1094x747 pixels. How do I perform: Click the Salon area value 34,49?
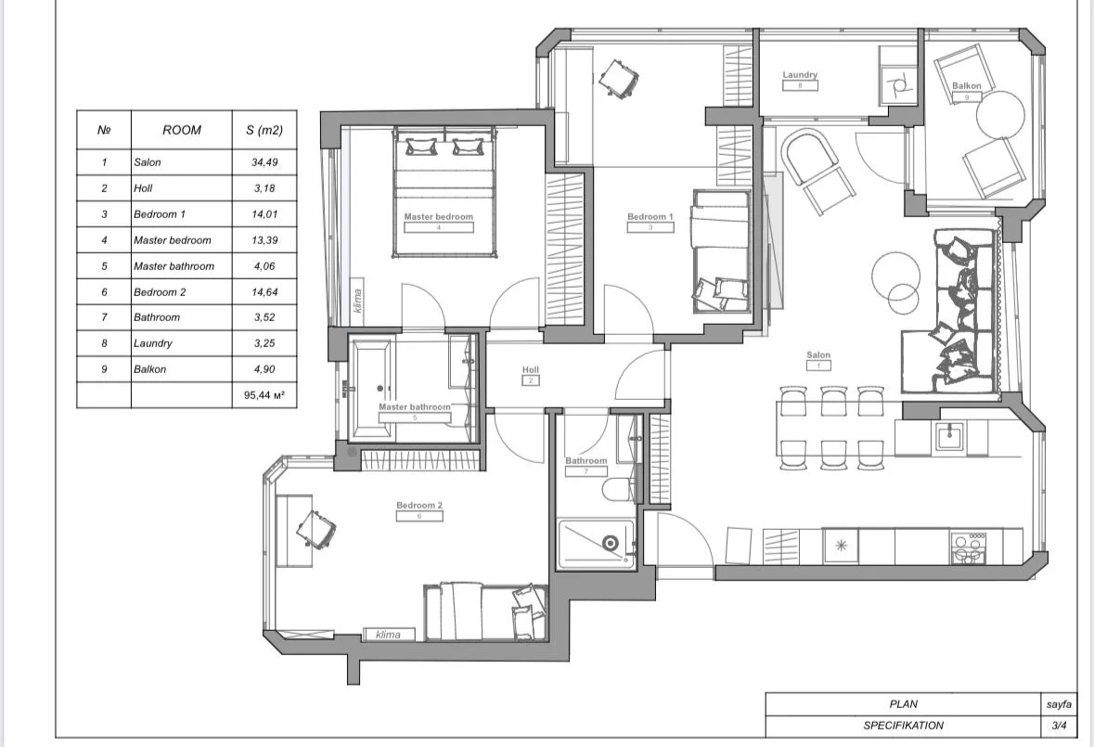[x=264, y=161]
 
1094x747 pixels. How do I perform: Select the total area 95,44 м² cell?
[x=264, y=394]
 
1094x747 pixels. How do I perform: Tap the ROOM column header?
[x=181, y=130]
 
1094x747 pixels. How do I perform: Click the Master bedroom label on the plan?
[x=438, y=216]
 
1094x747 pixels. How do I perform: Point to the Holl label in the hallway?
[x=530, y=369]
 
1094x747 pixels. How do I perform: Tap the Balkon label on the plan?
[x=966, y=85]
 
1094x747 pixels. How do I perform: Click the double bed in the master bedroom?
[x=444, y=192]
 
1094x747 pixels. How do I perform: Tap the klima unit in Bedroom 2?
[x=389, y=634]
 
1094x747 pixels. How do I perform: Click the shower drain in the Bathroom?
[x=611, y=543]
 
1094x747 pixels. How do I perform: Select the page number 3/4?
[x=1059, y=726]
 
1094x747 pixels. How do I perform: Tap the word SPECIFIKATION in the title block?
[x=904, y=726]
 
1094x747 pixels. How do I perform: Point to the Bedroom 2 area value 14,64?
[x=264, y=292]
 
